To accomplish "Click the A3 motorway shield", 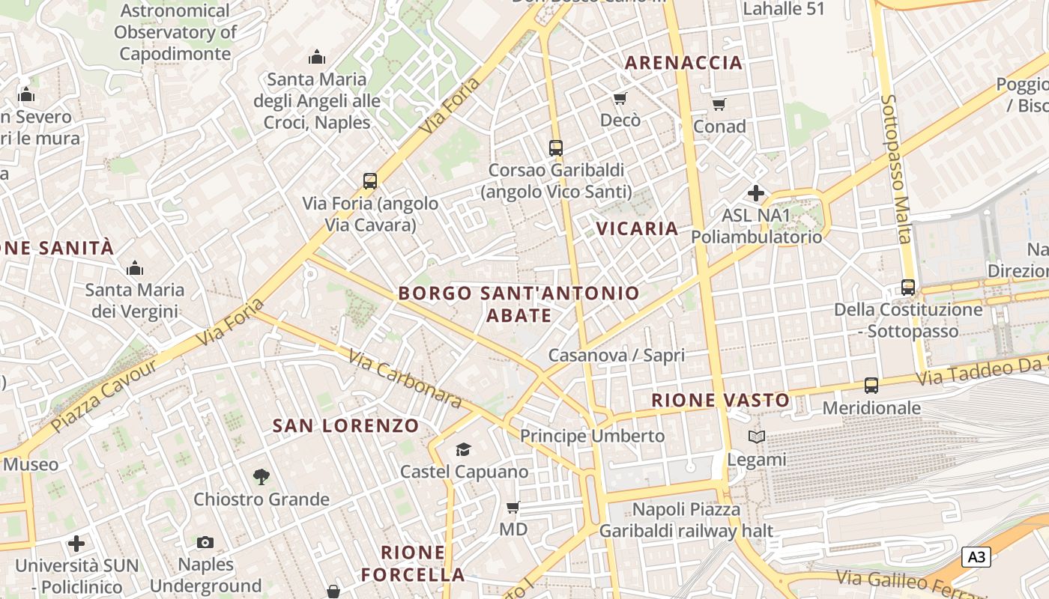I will coord(976,557).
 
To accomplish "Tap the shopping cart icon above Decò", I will coord(620,98).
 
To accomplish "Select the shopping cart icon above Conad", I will coord(719,104).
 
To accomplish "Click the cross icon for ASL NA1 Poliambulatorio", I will coord(756,193).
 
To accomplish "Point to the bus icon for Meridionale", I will coord(871,386).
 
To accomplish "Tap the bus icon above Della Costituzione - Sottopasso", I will coord(907,287).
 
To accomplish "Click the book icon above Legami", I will coord(757,437).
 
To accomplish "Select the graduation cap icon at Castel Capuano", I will coord(464,449).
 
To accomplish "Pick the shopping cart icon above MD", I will coord(513,507).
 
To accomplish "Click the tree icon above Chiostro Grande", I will coord(261,476).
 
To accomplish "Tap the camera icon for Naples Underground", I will coord(205,542).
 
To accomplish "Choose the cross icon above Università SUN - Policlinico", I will coord(76,544).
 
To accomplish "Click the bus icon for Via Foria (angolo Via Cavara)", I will coord(370,180).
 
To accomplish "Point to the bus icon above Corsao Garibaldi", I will coord(555,148).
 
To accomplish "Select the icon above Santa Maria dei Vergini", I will coord(135,267).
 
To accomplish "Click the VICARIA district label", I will coord(637,228).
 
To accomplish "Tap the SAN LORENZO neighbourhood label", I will coord(345,426).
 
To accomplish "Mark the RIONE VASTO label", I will coord(720,401).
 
